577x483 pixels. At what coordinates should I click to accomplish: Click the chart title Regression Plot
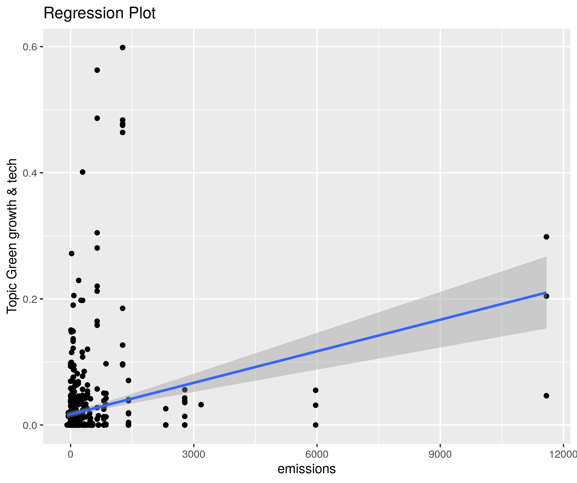99,13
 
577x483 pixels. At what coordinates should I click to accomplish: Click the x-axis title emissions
306,468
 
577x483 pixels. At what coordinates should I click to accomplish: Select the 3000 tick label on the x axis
194,454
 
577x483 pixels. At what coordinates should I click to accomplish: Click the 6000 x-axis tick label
317,454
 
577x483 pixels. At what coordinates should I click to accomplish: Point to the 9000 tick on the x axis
440,454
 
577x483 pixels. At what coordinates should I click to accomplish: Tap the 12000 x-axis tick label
563,454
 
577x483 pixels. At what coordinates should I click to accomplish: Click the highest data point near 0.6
123,48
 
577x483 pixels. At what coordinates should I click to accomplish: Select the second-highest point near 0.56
97,70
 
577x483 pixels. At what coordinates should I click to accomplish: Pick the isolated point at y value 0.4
83,172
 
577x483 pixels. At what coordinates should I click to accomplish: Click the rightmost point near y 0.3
546,237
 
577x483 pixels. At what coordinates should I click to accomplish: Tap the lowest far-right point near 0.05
546,396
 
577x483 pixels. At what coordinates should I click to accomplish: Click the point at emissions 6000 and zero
316,425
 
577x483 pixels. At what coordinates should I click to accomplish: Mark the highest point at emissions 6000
316,390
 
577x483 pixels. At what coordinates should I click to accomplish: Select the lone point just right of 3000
201,405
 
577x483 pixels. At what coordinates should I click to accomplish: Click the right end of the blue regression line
546,292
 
